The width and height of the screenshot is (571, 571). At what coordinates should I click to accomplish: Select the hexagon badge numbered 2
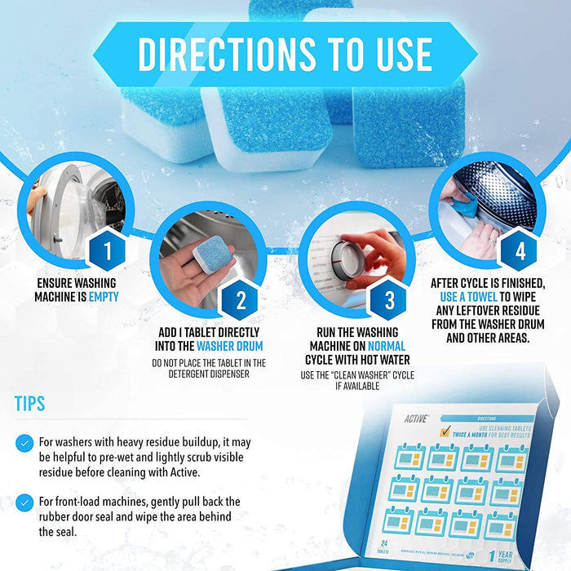click(241, 301)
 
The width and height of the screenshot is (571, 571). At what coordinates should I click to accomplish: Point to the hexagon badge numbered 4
click(520, 250)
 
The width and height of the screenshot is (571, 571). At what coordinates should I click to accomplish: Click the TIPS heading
click(30, 404)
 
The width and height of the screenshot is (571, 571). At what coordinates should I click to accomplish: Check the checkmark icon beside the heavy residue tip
click(24, 442)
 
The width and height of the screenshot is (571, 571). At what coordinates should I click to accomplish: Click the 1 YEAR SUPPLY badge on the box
click(506, 555)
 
